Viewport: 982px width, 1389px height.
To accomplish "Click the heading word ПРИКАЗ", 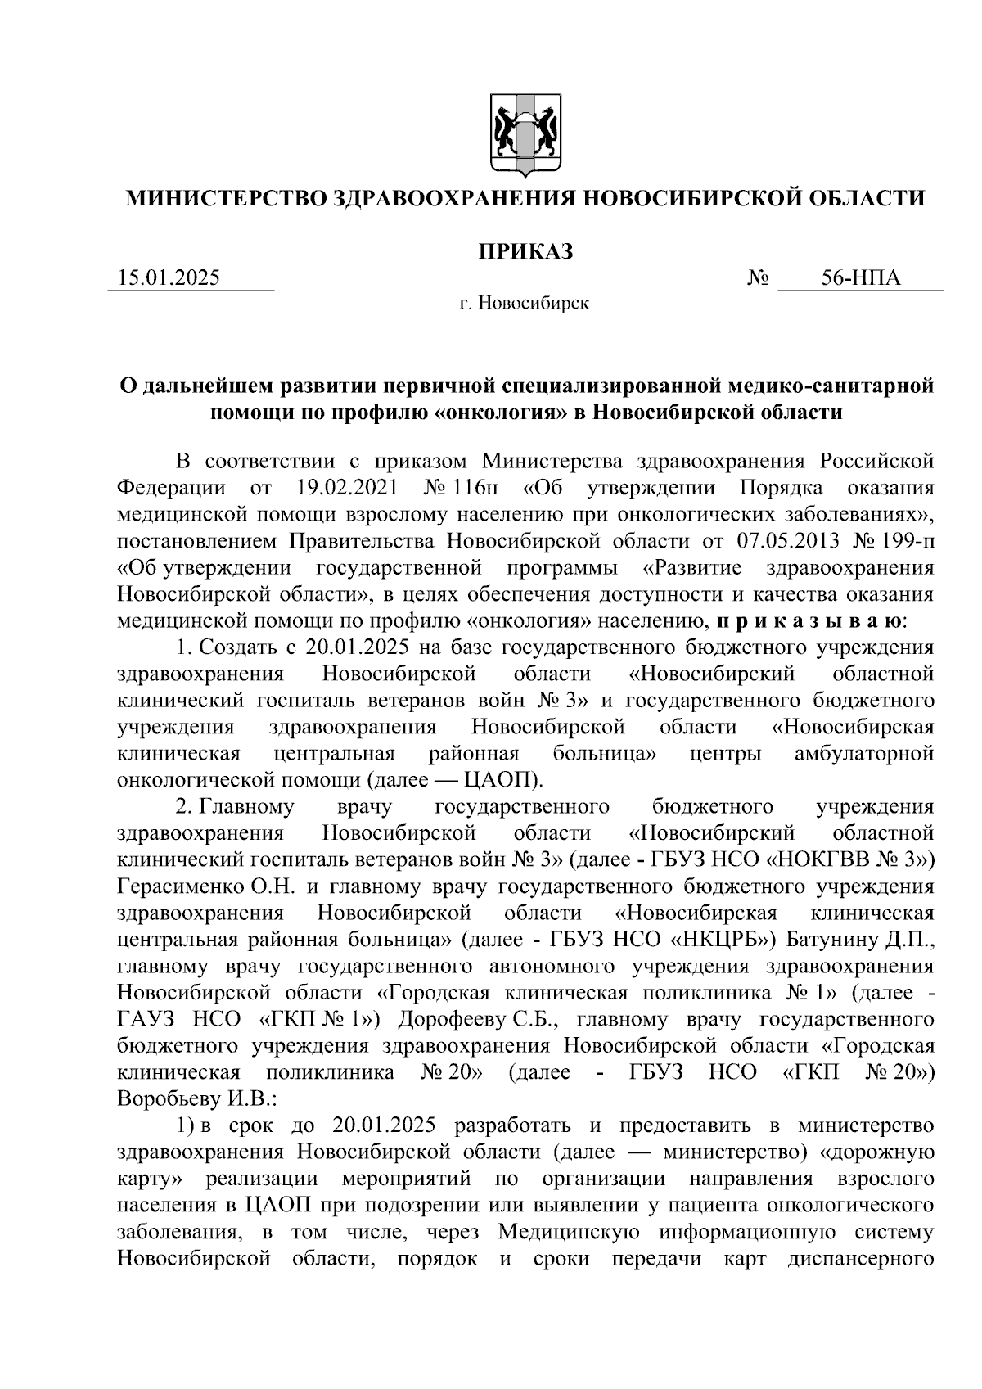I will [x=525, y=250].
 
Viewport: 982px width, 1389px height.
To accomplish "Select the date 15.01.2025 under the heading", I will [x=169, y=278].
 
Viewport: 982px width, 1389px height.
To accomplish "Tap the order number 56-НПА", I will [x=861, y=278].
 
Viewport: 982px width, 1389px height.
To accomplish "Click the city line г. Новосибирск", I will [x=524, y=304].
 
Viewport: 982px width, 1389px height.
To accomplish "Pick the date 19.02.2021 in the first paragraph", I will [x=345, y=488].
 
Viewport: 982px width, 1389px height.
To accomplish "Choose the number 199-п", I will [x=899, y=541].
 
